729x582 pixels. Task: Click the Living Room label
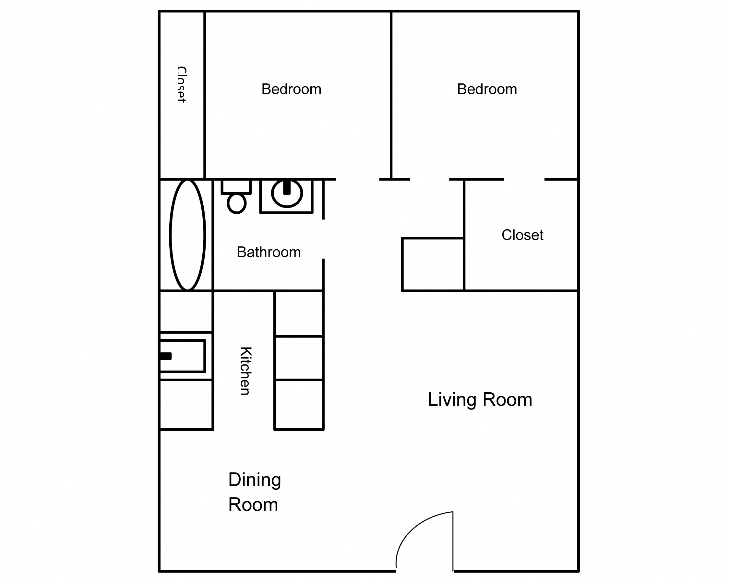[x=480, y=400]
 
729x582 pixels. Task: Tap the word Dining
[x=255, y=480]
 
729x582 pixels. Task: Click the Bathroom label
[x=269, y=252]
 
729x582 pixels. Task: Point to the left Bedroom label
[x=291, y=89]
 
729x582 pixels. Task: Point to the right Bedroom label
[x=487, y=89]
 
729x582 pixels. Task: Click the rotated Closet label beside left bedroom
[x=182, y=85]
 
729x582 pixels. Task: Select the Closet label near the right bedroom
[x=522, y=235]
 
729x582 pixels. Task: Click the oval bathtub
[x=187, y=235]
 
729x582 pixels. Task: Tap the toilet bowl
[x=236, y=204]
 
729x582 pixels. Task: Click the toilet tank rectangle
[x=236, y=186]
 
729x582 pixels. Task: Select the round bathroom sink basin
[x=287, y=198]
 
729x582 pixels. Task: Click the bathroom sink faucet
[x=287, y=188]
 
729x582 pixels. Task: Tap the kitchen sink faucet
[x=166, y=356]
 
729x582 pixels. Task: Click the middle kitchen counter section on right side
[x=299, y=358]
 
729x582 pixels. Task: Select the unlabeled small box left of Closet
[x=433, y=264]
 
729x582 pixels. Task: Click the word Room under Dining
[x=253, y=505]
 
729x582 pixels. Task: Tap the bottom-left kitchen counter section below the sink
[x=186, y=405]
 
